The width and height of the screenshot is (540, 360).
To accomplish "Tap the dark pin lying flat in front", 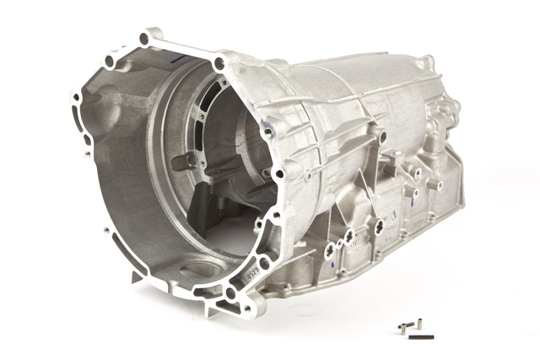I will click(422, 336).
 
